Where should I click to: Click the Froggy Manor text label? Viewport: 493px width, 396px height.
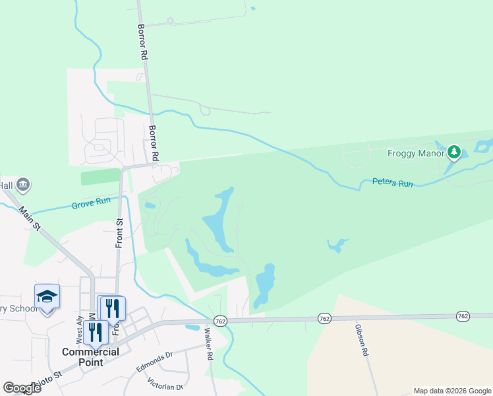tap(416, 153)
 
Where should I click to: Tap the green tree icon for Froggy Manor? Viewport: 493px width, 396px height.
tap(453, 153)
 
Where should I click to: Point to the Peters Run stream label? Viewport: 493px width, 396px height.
tap(392, 183)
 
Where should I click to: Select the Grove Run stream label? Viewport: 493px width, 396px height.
tap(91, 206)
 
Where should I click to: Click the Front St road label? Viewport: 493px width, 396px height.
tap(120, 233)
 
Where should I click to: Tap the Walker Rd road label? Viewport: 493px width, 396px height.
tap(210, 344)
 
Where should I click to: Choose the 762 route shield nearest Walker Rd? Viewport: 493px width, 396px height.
tap(221, 321)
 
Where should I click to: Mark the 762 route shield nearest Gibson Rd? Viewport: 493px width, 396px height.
tap(324, 318)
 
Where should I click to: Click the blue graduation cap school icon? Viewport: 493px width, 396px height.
tap(47, 296)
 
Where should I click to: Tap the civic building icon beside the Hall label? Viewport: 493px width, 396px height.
tap(23, 184)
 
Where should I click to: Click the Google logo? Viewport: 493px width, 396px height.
tap(22, 387)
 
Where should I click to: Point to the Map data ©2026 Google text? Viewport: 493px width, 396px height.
tap(451, 391)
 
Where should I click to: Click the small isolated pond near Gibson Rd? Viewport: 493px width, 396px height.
tap(337, 246)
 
